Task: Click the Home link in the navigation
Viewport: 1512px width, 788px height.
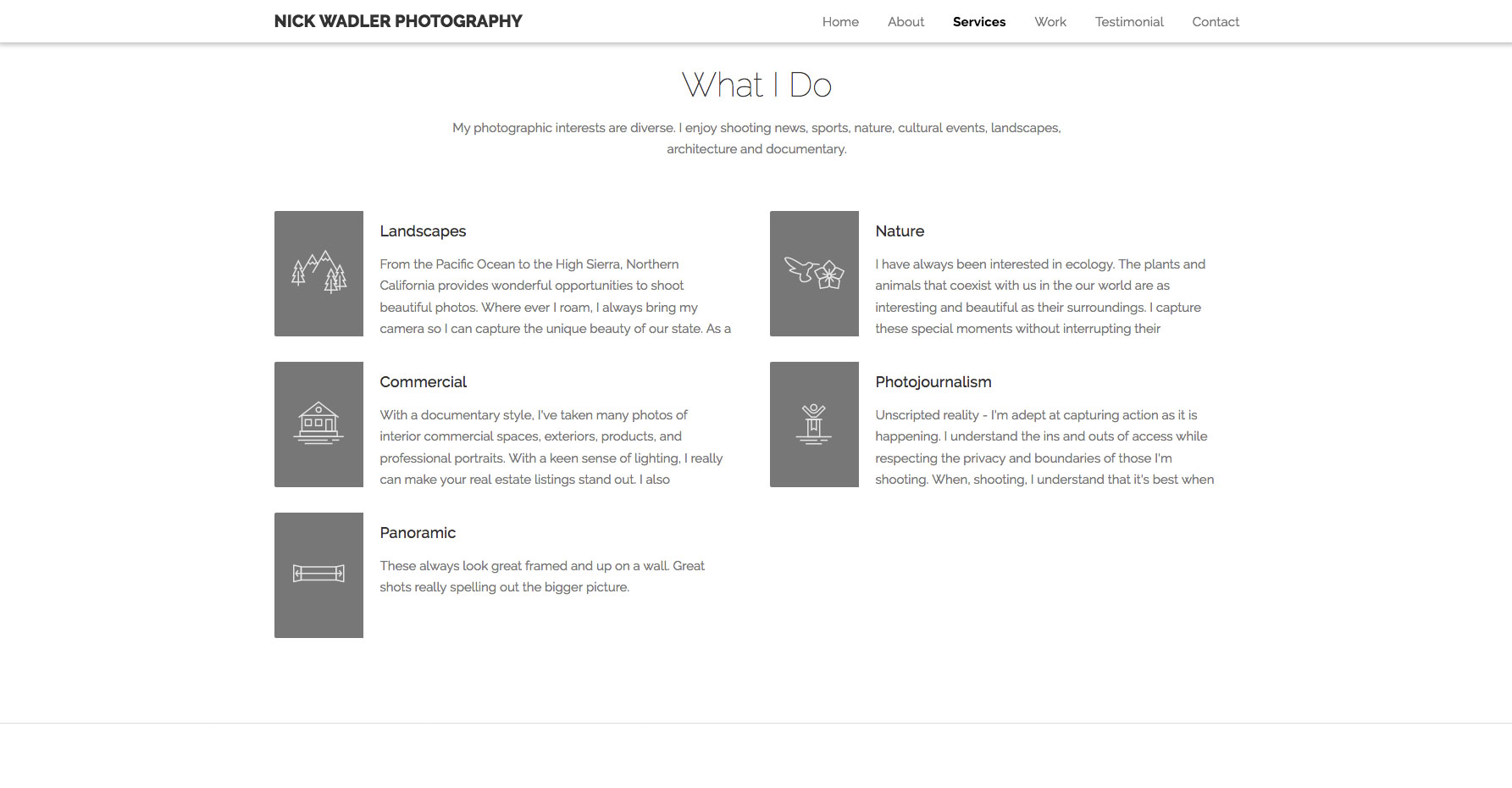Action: point(840,22)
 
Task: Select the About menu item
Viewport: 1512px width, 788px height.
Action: point(906,22)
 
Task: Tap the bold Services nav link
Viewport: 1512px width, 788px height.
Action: point(978,22)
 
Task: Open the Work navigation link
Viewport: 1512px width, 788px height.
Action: point(1050,22)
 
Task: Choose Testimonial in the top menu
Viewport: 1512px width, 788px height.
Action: point(1128,22)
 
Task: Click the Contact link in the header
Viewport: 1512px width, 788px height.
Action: point(1215,22)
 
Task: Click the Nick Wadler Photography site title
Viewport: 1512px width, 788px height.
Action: point(398,21)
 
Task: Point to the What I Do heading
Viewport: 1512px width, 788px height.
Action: point(756,85)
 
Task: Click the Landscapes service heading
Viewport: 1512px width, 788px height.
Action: point(423,231)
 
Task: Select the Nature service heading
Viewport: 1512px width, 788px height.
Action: point(900,231)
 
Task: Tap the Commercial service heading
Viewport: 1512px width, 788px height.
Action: point(423,382)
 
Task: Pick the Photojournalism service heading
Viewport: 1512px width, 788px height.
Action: point(933,382)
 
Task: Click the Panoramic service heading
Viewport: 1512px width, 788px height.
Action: point(418,533)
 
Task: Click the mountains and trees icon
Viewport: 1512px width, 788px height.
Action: point(318,273)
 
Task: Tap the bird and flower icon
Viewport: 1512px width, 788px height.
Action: point(814,273)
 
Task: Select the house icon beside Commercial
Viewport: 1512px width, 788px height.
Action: point(318,424)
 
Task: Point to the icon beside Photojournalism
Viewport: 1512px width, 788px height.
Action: point(814,424)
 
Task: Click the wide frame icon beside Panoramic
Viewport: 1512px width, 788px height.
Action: point(318,574)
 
